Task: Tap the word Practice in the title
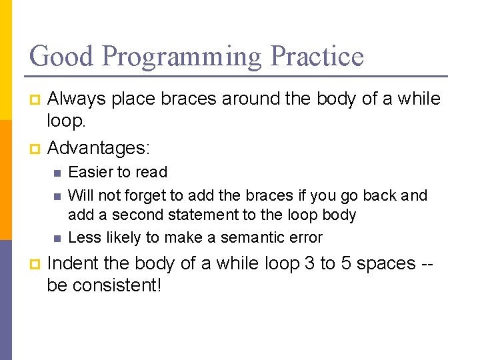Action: coord(317,56)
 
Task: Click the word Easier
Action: coord(91,172)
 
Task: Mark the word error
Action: coord(305,237)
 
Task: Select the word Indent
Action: coord(71,263)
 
